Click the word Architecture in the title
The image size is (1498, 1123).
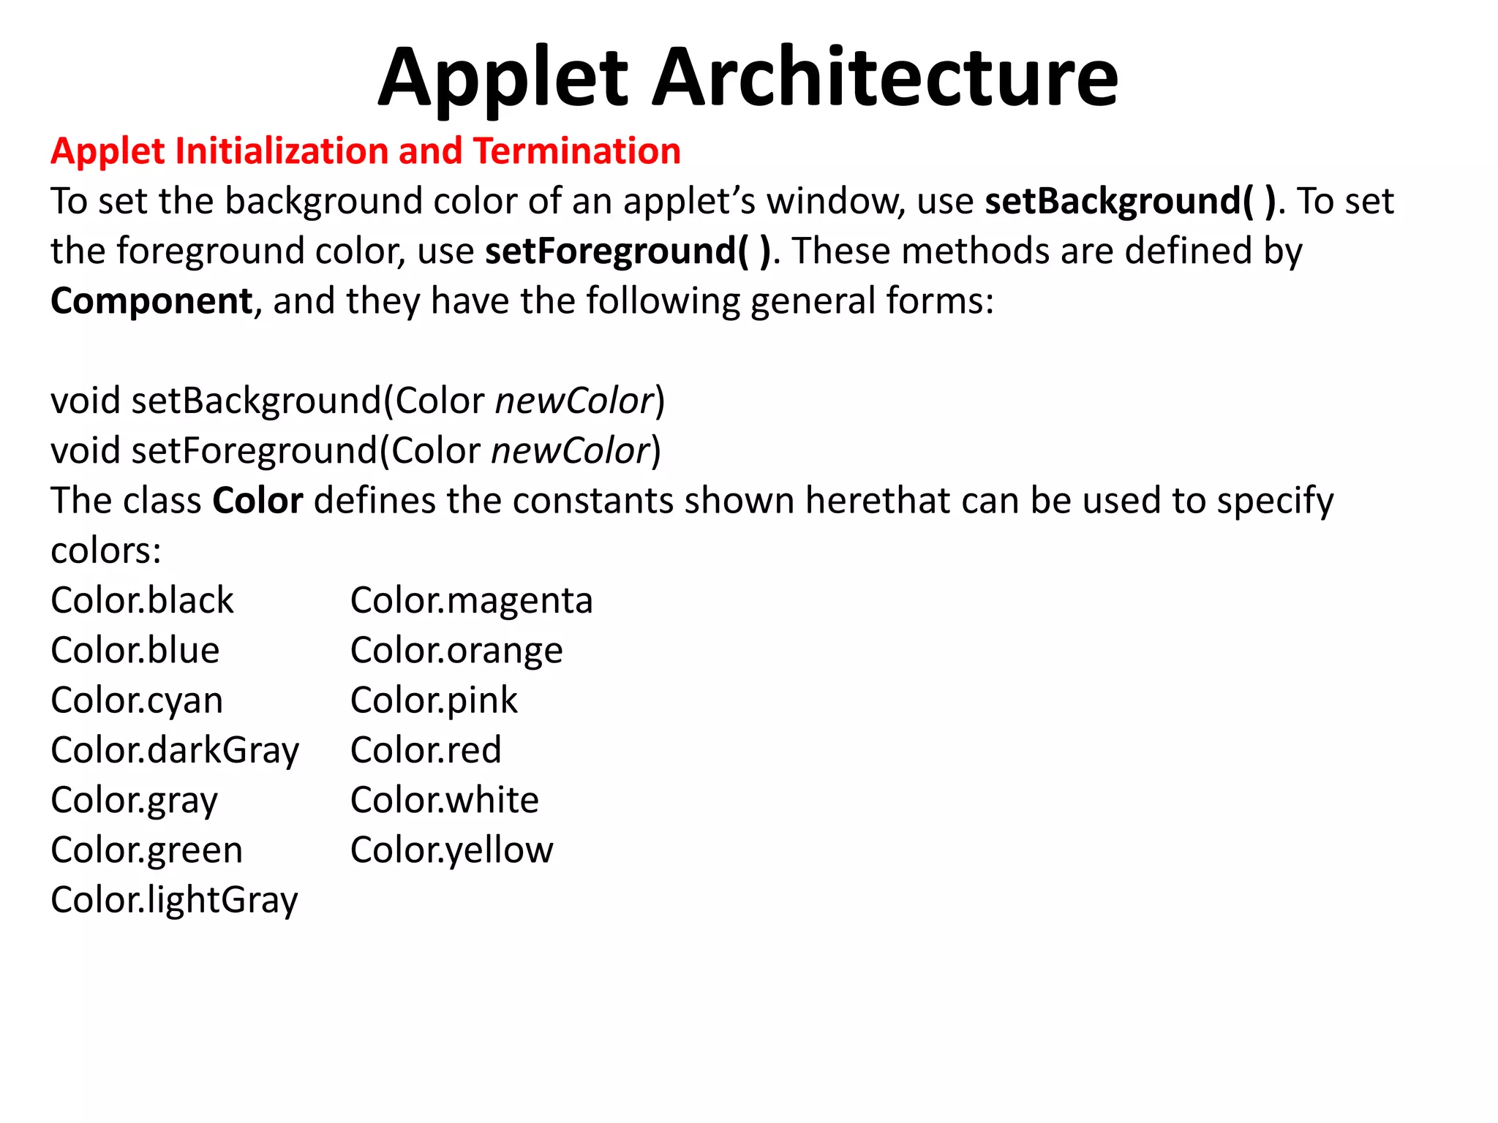(884, 77)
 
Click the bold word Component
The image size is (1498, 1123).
(151, 301)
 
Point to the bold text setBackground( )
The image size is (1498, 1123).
(1130, 202)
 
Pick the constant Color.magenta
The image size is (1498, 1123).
(471, 601)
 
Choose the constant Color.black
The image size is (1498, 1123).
(142, 601)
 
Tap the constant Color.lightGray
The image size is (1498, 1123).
(174, 900)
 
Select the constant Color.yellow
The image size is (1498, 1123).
(451, 850)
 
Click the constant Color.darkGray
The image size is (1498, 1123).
(175, 751)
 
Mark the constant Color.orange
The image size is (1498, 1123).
(456, 651)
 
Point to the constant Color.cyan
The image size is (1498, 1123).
(137, 700)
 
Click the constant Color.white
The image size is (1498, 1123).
(444, 801)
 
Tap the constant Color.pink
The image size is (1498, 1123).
(434, 700)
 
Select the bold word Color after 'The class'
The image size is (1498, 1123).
(257, 502)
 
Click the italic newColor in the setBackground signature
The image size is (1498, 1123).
(574, 401)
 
